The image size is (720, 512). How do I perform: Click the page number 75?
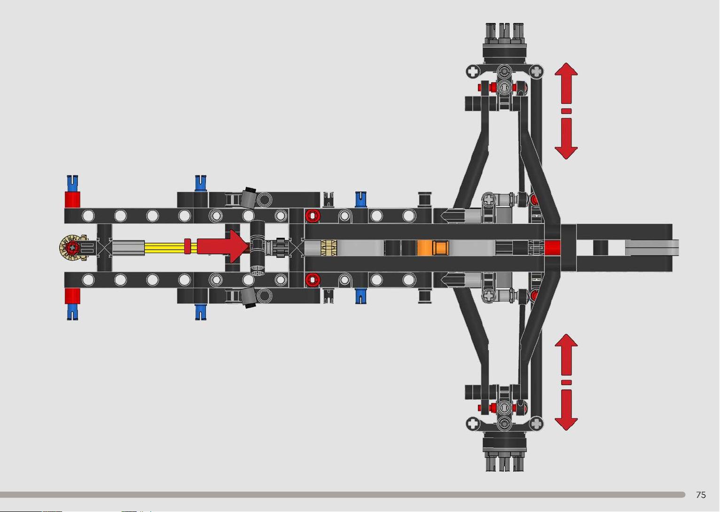(701, 495)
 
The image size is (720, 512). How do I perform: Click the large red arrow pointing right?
(222, 246)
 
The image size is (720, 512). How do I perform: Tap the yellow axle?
(164, 248)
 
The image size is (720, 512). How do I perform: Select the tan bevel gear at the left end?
(73, 248)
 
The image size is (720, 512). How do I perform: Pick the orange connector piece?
(433, 248)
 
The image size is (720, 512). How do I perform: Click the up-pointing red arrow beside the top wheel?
(566, 83)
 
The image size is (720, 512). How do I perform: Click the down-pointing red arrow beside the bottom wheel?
(566, 410)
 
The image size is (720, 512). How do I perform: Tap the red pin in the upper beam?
(313, 216)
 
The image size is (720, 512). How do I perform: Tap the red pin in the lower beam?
(313, 280)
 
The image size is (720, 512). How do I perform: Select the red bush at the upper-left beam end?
(72, 200)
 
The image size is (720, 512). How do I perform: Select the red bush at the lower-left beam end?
(72, 296)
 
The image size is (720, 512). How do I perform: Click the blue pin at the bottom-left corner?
(72, 312)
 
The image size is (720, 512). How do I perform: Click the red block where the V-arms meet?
(553, 248)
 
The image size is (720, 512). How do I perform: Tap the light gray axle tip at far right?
(652, 248)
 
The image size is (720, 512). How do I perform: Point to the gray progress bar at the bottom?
(342, 495)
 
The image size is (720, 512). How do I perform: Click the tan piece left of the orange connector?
(329, 248)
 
